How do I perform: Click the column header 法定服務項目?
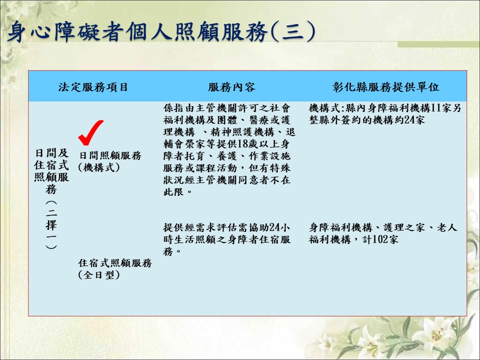point(93,87)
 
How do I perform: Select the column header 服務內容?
point(231,87)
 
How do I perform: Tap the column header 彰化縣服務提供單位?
point(386,87)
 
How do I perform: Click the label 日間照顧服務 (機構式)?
point(110,161)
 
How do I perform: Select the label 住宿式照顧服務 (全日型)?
point(115,269)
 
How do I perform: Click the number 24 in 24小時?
point(275,227)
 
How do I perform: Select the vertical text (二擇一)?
point(51,225)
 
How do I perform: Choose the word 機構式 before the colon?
point(324,108)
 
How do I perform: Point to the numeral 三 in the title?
point(292,32)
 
